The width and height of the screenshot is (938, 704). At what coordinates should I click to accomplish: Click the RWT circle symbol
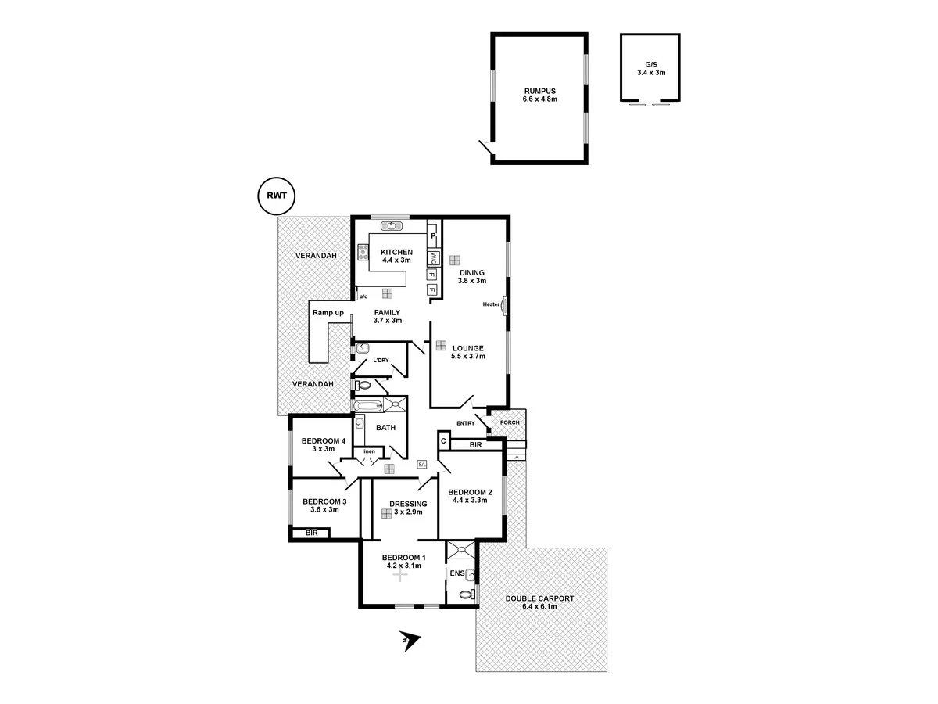point(277,196)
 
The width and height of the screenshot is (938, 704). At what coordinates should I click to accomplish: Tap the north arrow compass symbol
point(408,641)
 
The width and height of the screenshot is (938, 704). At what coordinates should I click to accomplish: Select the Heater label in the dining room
point(491,304)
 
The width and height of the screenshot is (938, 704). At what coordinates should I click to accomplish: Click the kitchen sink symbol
point(392,227)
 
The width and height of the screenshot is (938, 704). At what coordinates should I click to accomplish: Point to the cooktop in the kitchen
point(363,252)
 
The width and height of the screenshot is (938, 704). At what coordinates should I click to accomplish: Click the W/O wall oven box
point(432,257)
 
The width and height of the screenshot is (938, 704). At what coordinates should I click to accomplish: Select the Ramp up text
point(328,313)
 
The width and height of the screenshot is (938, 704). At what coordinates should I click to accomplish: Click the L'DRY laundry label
point(381,360)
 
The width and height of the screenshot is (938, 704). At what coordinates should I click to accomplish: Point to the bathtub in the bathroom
point(367,405)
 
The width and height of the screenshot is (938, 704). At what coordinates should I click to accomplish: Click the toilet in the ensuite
point(466,594)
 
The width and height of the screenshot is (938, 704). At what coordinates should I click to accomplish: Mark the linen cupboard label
point(367,451)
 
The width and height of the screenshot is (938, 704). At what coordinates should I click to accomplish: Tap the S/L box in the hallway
point(422,465)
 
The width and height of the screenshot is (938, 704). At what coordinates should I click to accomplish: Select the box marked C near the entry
point(442,442)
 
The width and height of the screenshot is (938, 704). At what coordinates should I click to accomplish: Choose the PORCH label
point(510,422)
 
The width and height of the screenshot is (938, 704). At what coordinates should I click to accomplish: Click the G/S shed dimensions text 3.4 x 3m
point(650,73)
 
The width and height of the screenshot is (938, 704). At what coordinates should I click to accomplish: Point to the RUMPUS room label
point(539,91)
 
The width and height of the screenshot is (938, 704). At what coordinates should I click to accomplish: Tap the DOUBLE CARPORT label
point(539,598)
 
